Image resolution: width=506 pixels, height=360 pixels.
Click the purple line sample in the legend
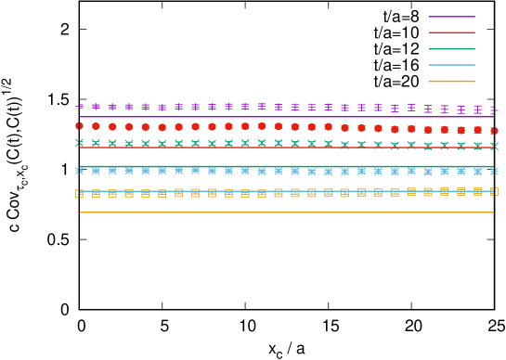point(452,17)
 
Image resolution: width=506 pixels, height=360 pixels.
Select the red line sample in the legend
point(452,32)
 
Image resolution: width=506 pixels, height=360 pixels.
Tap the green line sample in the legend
point(452,49)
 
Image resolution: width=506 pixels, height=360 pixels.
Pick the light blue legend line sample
point(452,65)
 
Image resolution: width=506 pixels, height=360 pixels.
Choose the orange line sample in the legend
point(452,82)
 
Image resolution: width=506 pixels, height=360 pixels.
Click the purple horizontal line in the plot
point(279,117)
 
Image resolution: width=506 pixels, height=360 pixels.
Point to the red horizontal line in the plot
point(279,148)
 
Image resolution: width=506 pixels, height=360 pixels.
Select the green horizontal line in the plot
point(279,167)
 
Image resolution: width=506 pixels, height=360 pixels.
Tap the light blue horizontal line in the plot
point(279,191)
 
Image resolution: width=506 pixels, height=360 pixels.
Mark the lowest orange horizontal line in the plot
point(279,212)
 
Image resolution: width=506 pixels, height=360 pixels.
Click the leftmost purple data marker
point(80,107)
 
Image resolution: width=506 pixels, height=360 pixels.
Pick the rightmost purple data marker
point(493,110)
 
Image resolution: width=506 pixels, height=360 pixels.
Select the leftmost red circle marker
point(80,125)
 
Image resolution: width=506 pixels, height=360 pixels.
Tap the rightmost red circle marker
point(493,131)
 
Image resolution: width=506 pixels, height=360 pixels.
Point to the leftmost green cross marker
point(80,143)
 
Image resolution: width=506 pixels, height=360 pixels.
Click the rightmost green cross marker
point(493,146)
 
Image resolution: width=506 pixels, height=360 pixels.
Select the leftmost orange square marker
point(80,194)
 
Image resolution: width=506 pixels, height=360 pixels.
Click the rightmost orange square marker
point(493,191)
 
